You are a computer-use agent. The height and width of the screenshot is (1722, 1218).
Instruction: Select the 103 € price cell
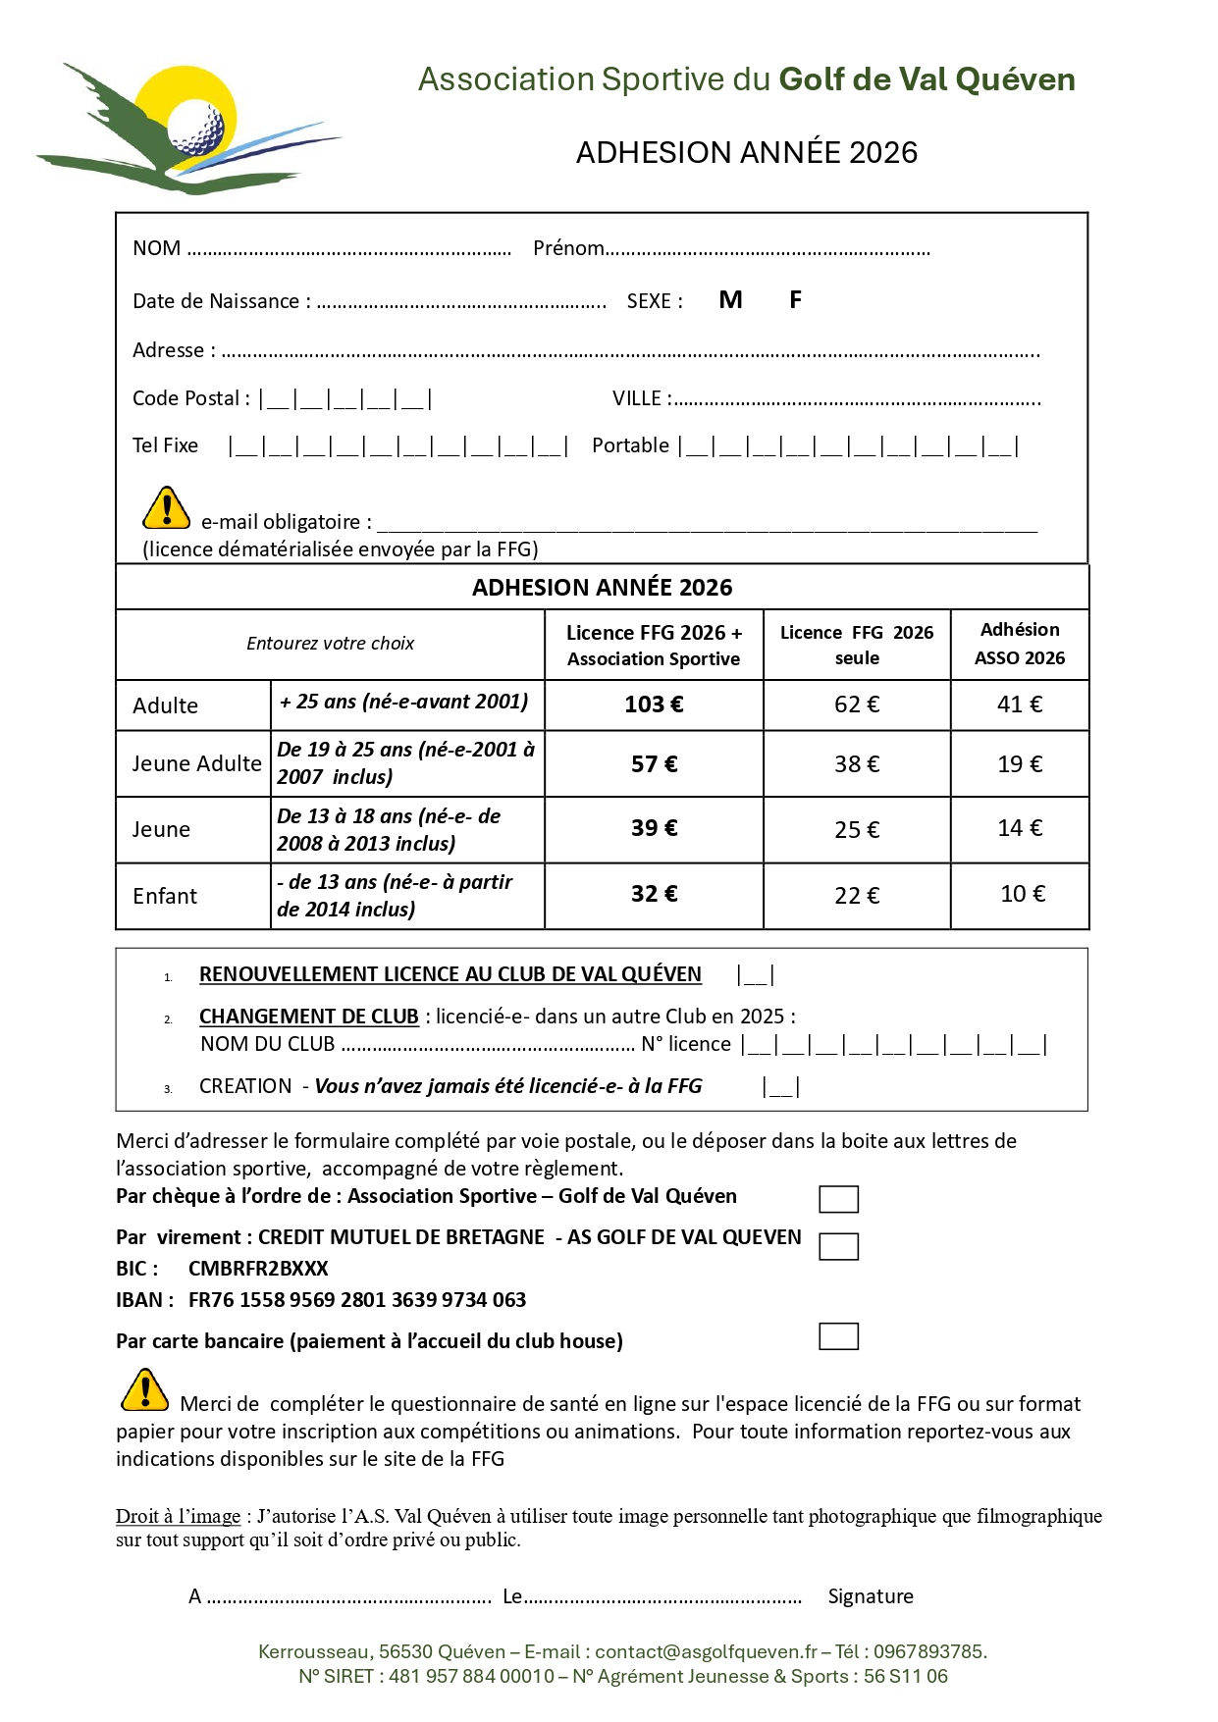coord(654,704)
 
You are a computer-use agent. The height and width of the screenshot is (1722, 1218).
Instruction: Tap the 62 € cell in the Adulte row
coord(857,704)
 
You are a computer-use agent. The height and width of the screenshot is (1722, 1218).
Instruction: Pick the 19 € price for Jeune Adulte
coord(1020,764)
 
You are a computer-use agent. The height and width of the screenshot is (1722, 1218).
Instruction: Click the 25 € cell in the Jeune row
coord(857,830)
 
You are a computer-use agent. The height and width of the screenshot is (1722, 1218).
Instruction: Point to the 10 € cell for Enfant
coord(1023,894)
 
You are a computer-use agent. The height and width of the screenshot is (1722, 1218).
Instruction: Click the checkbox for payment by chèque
coord(838,1199)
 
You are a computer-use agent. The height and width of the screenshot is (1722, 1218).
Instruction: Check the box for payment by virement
coord(838,1246)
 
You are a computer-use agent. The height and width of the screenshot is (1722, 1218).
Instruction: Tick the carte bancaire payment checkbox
coord(838,1336)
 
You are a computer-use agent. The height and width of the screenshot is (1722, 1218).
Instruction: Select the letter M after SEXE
coord(730,300)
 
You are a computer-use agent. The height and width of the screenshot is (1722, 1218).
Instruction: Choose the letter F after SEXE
coord(795,300)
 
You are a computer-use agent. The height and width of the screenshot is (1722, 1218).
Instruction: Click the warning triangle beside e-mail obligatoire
coord(167,508)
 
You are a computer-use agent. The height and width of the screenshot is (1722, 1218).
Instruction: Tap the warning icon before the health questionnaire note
coord(145,1390)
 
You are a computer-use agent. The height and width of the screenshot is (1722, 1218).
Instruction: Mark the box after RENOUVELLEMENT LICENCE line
coord(756,975)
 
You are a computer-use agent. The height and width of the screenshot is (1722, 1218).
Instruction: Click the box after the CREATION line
coord(781,1087)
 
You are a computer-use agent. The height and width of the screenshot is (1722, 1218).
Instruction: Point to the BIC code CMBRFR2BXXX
coord(258,1269)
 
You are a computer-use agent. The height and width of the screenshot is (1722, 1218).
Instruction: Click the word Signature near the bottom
coord(871,1596)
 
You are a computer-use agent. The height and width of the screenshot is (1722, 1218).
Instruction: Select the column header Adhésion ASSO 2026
coord(1020,644)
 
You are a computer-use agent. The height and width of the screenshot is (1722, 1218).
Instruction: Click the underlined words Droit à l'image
coord(178,1516)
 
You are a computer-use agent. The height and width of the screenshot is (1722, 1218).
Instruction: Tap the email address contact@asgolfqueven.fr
coord(706,1651)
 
